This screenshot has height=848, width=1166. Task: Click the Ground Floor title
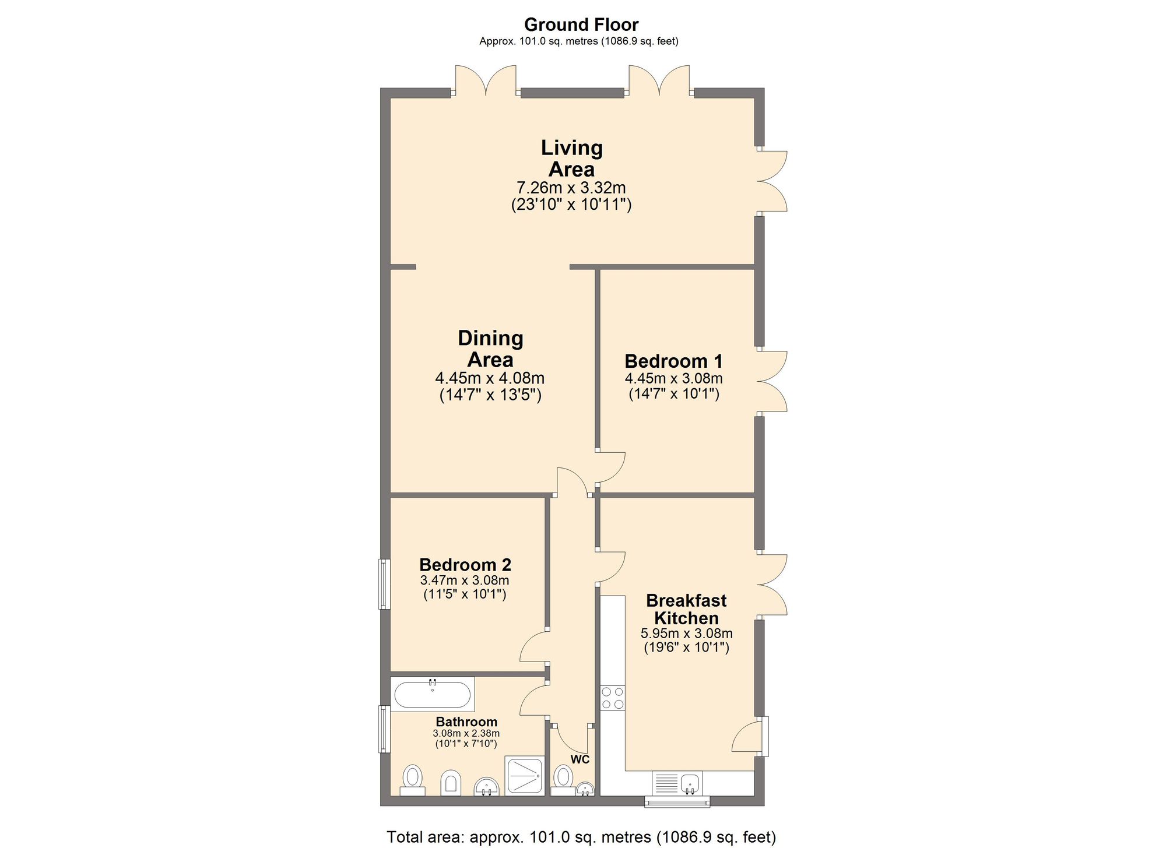click(581, 24)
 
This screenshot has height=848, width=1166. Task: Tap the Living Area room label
click(571, 158)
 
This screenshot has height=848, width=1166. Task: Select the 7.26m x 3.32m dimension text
click(571, 188)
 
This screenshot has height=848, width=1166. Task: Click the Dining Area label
click(490, 349)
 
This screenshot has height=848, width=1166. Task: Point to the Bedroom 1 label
click(673, 361)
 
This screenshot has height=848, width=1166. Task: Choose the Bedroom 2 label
click(465, 565)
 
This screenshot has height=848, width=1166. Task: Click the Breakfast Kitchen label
click(686, 609)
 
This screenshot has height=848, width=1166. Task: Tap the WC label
click(580, 759)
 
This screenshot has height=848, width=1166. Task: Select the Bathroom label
click(466, 722)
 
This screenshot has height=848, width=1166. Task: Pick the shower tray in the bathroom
click(525, 776)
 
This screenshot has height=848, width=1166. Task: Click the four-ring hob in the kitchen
click(613, 698)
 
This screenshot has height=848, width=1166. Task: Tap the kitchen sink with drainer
click(677, 783)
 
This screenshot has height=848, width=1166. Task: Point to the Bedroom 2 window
click(384, 584)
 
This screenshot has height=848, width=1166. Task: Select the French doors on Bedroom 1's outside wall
click(771, 382)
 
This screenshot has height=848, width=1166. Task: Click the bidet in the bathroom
click(451, 782)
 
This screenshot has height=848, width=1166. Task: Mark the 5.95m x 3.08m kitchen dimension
click(686, 634)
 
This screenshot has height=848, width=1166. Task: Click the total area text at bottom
click(581, 837)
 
